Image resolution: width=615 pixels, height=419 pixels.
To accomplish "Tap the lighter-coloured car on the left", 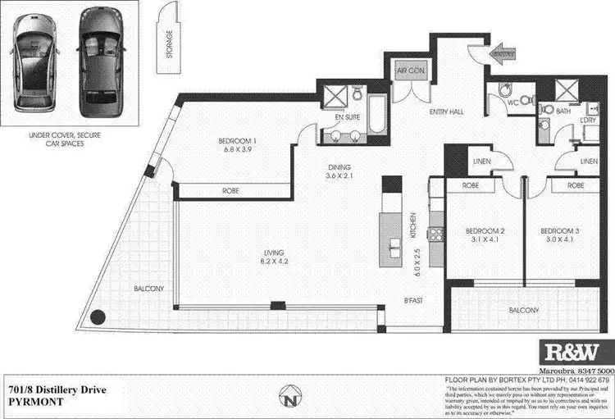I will coord(37,64).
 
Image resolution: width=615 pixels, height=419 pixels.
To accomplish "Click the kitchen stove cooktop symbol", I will coord(437,235).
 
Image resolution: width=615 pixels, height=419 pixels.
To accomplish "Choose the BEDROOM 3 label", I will coord(564,232).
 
